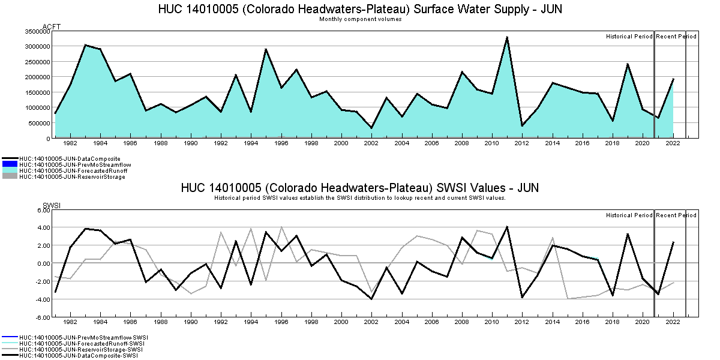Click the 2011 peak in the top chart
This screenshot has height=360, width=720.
pos(507,37)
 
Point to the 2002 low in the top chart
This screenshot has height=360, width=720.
pos(371,128)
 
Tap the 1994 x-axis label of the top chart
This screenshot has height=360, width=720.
pos(251,143)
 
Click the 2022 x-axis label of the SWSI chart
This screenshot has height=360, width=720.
pos(673,322)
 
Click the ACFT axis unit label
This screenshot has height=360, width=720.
pos(52,26)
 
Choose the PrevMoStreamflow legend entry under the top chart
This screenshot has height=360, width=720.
pos(75,164)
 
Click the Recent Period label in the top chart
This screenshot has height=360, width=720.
pos(676,37)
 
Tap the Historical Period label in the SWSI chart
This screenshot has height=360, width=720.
pos(629,215)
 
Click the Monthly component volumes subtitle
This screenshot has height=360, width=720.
pos(360,19)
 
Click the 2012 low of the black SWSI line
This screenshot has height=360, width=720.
pos(522,297)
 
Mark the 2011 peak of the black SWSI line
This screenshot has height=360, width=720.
pos(507,227)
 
